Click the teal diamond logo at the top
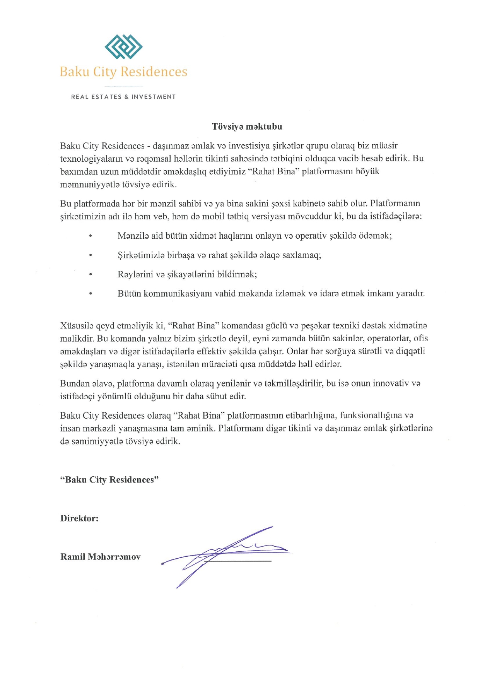[123, 47]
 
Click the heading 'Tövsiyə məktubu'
[247, 127]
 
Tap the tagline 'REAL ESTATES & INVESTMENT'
[123, 97]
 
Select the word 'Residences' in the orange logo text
[154, 72]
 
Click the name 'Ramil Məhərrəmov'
[101, 557]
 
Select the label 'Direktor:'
[79, 518]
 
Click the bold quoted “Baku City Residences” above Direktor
[109, 480]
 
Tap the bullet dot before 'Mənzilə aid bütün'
[91, 236]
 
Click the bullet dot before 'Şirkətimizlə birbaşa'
[91, 255]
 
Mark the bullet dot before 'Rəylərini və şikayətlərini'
[91, 274]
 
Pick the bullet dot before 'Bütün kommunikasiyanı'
[91, 294]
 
